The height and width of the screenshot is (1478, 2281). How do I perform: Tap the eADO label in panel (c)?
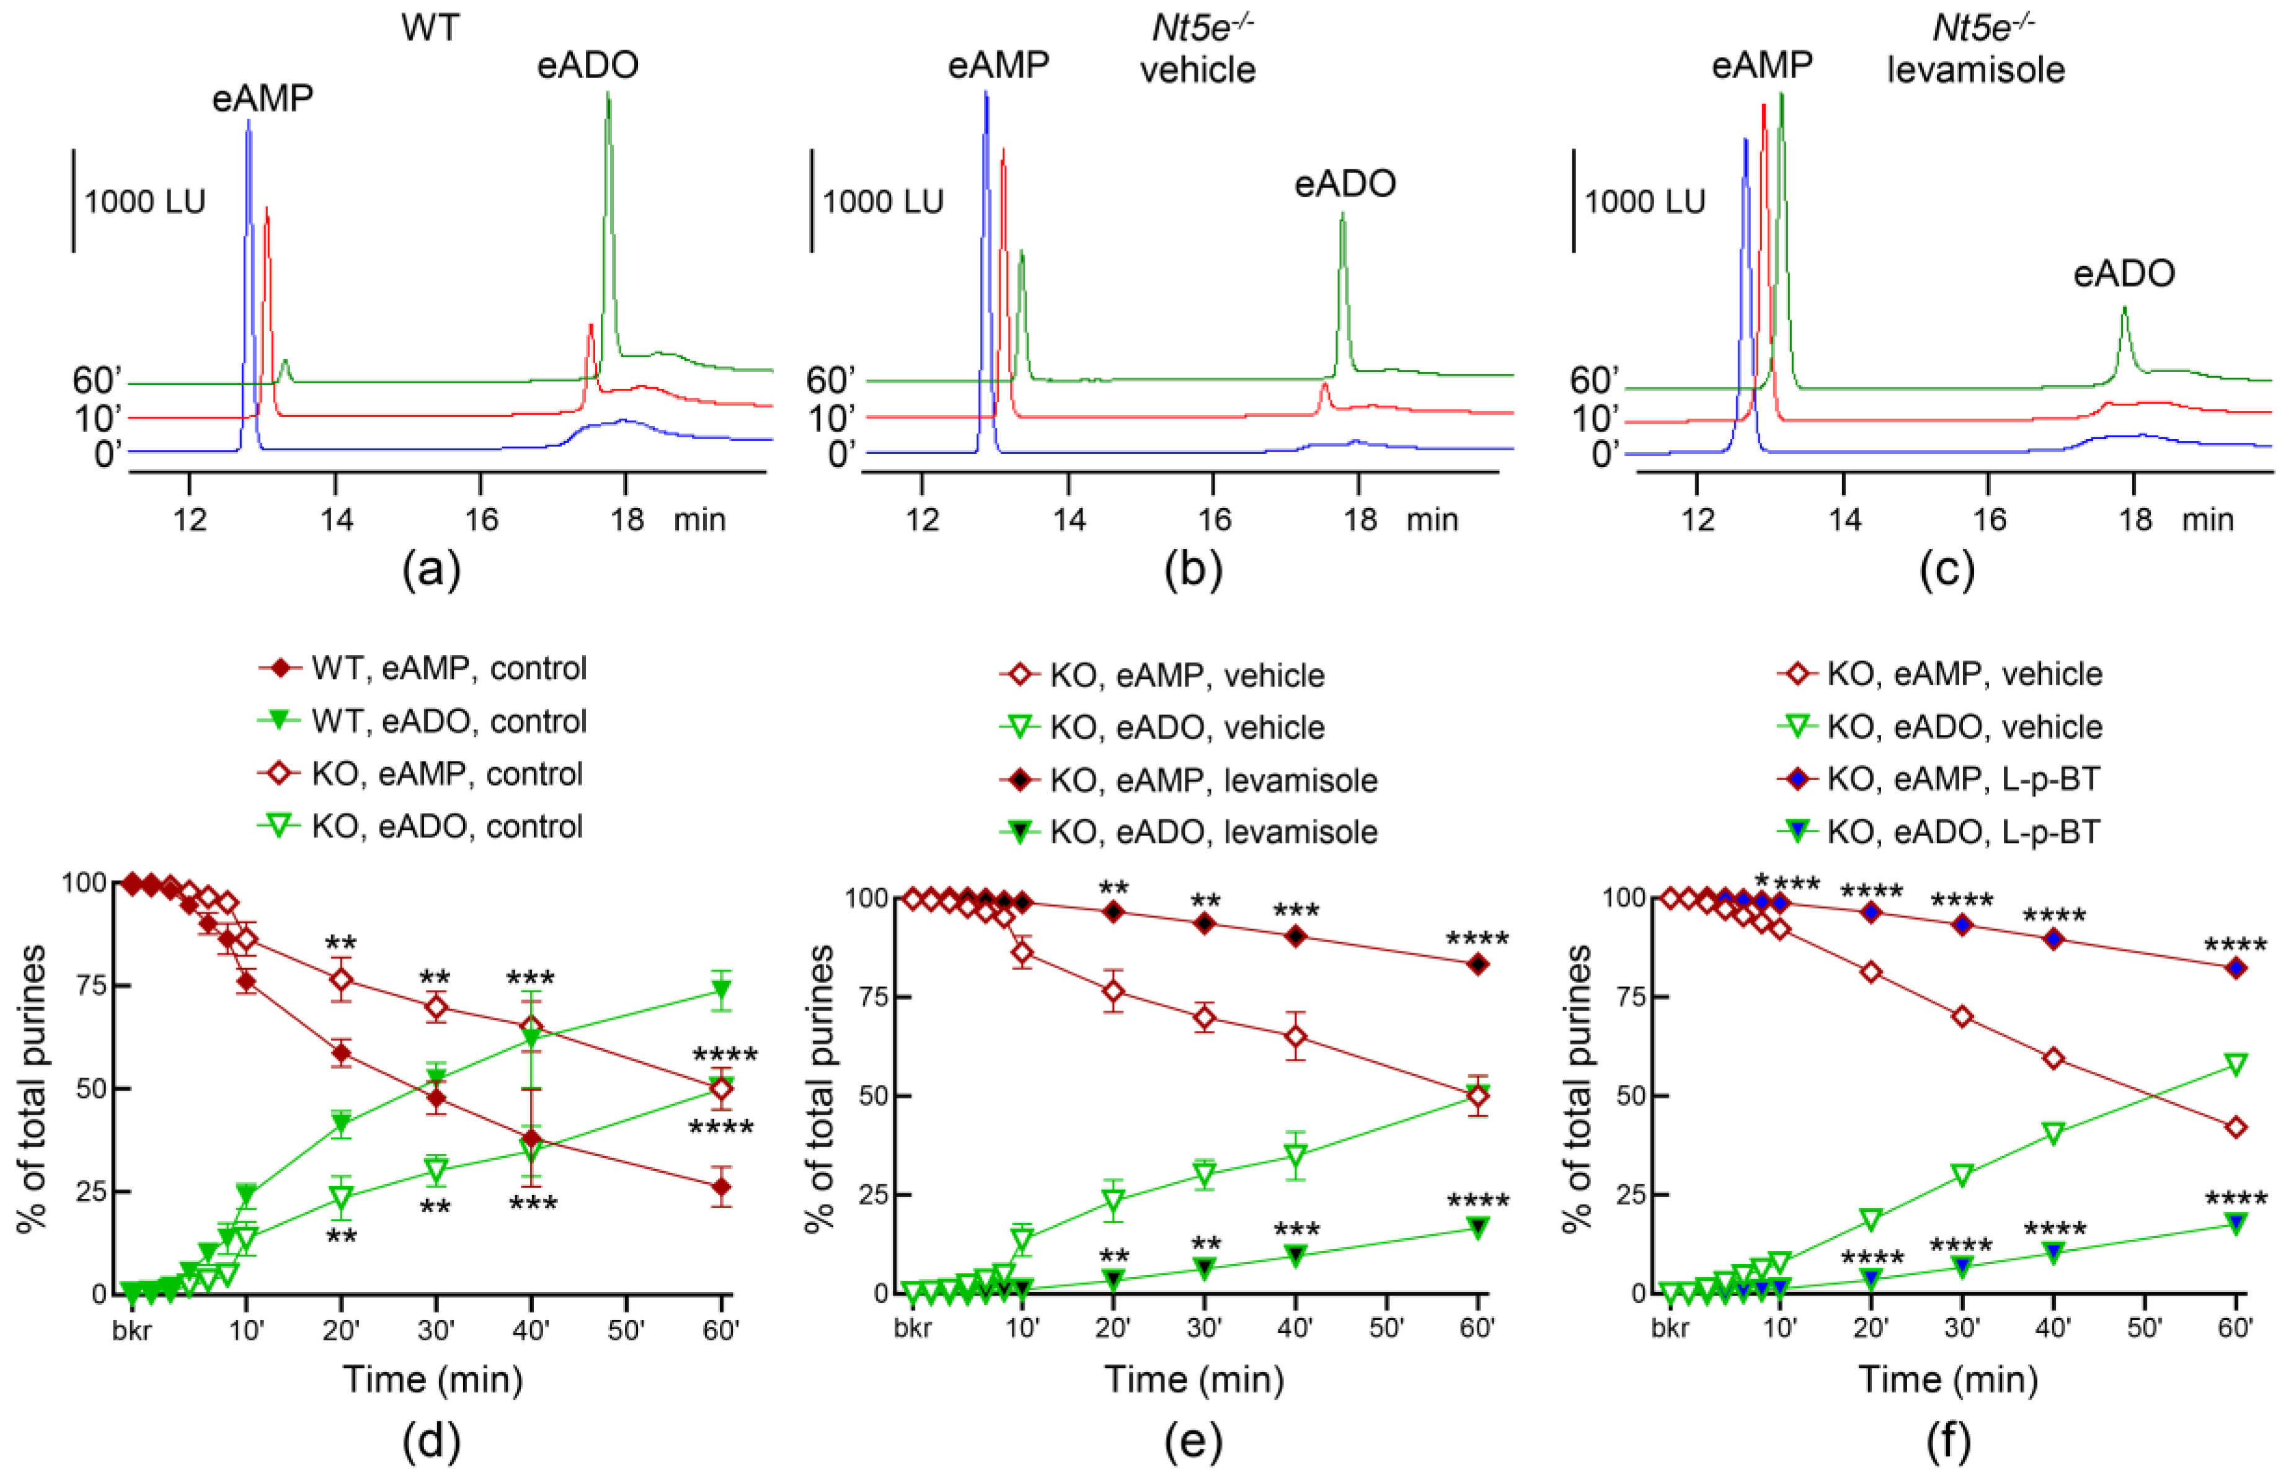[x=2123, y=274]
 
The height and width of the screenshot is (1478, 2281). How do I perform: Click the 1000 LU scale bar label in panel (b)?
[x=883, y=202]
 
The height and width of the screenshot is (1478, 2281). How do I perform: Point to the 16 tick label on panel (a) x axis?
[x=481, y=520]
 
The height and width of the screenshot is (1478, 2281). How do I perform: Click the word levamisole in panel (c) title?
[x=1975, y=70]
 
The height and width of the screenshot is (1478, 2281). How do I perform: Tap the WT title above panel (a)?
[x=430, y=28]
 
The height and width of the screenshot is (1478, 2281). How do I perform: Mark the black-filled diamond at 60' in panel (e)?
[x=1478, y=965]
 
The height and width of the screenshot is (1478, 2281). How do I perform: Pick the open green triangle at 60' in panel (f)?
[x=2235, y=1065]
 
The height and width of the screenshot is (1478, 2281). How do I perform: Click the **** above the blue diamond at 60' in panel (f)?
[x=2235, y=947]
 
